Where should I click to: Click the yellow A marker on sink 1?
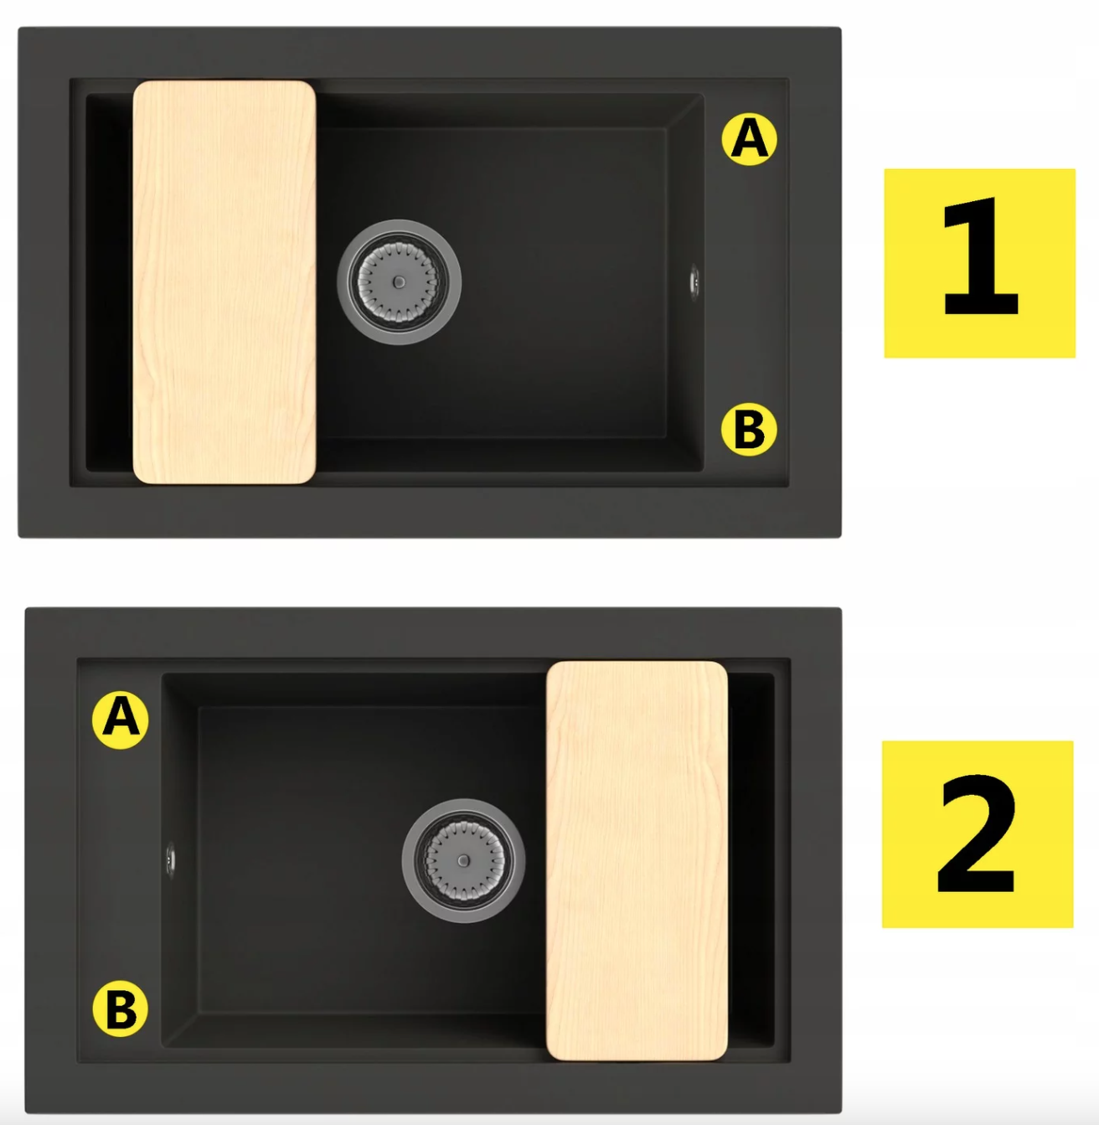click(749, 139)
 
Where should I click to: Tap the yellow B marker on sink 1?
click(749, 430)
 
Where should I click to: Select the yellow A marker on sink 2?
click(121, 720)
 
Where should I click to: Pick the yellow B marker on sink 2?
click(121, 1009)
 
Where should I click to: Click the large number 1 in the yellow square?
click(981, 256)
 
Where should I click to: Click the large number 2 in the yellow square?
click(977, 835)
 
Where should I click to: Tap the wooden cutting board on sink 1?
click(224, 282)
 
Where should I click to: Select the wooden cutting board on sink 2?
click(637, 861)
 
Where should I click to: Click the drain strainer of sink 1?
click(399, 282)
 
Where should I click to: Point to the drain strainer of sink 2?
click(464, 861)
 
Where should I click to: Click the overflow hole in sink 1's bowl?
click(694, 282)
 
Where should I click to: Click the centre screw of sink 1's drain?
click(399, 282)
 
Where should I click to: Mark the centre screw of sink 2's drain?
click(464, 861)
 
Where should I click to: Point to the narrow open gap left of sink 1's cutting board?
click(109, 282)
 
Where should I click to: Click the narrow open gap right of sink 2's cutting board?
click(751, 861)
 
